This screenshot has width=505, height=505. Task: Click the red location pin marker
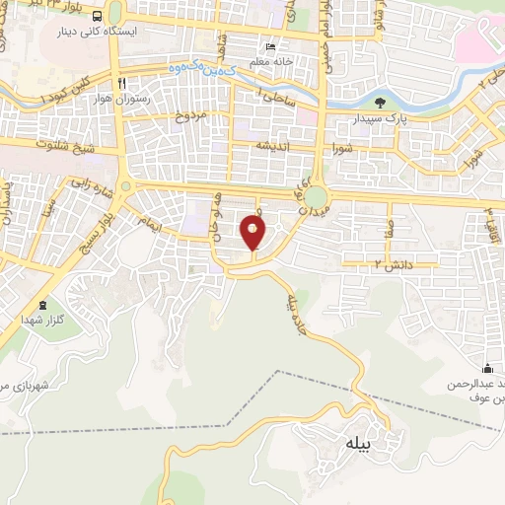coord(253,235)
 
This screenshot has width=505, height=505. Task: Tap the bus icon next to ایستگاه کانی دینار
coord(97,18)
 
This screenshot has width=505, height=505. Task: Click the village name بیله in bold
coord(356,445)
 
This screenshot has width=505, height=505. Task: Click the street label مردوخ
coord(190,116)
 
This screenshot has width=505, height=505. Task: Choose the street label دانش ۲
coord(365,264)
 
